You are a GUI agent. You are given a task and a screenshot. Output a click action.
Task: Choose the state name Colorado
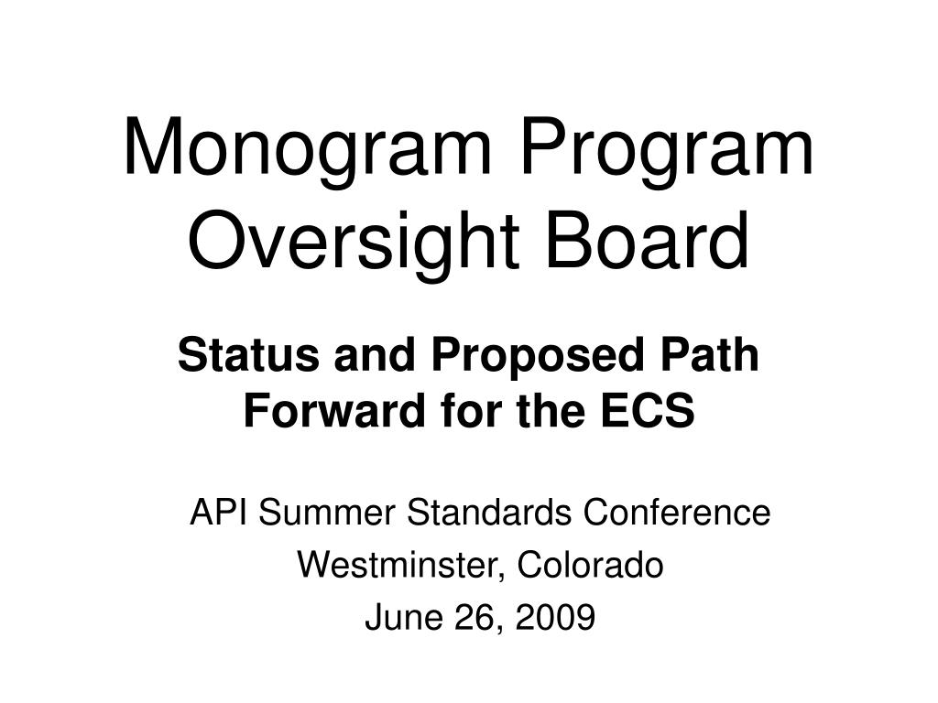[590, 566]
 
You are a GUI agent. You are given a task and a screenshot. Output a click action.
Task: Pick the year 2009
[555, 619]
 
